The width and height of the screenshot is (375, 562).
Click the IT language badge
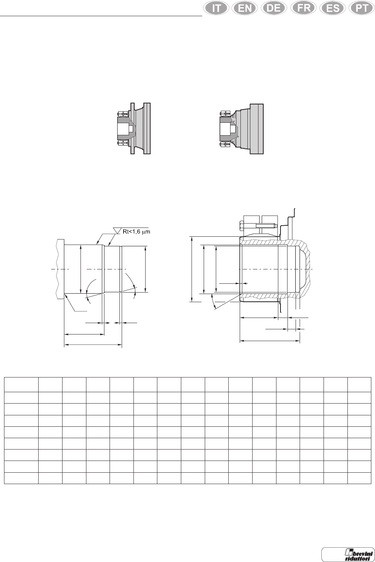point(216,8)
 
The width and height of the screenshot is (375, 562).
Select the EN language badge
point(245,8)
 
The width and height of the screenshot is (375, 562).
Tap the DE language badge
point(274,8)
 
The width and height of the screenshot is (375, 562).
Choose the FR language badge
point(303,8)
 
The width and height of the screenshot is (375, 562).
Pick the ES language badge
point(333,8)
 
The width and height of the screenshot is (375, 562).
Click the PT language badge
point(362,8)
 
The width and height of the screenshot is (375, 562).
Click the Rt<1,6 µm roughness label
point(136,231)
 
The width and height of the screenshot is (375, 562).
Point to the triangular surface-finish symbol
point(117,231)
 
